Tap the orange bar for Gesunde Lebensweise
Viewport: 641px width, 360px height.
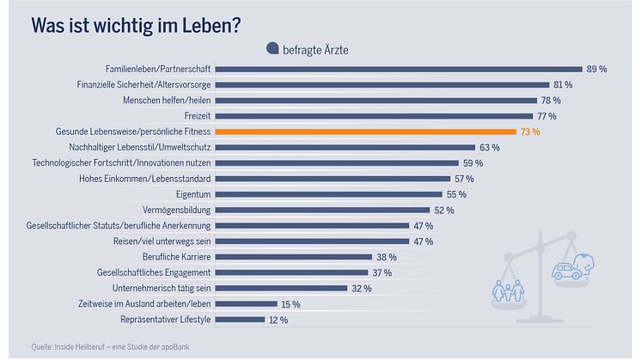(365, 131)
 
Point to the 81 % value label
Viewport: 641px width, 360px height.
(563, 84)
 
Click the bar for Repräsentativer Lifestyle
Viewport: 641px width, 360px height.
(240, 320)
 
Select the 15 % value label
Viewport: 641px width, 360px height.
(290, 304)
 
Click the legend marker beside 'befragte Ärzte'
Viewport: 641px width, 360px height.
(272, 49)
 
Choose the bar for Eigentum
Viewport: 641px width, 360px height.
(329, 194)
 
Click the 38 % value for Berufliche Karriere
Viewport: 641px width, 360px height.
(386, 257)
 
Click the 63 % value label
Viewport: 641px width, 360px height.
(490, 147)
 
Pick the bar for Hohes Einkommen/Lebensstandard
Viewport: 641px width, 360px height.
(333, 179)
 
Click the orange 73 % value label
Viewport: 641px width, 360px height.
(530, 131)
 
